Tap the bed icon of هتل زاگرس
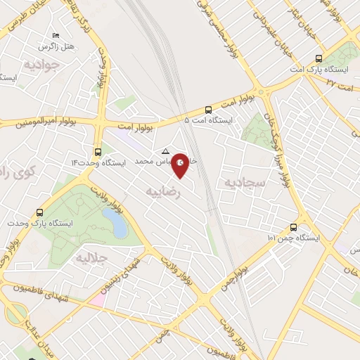(x=56, y=35)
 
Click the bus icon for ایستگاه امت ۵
(x=207, y=110)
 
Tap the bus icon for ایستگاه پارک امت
(x=319, y=59)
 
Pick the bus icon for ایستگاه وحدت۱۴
(x=97, y=151)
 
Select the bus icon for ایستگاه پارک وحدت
(x=39, y=212)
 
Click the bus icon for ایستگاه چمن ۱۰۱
(x=293, y=227)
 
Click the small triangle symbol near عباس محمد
(x=165, y=150)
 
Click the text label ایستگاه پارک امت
(x=316, y=71)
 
